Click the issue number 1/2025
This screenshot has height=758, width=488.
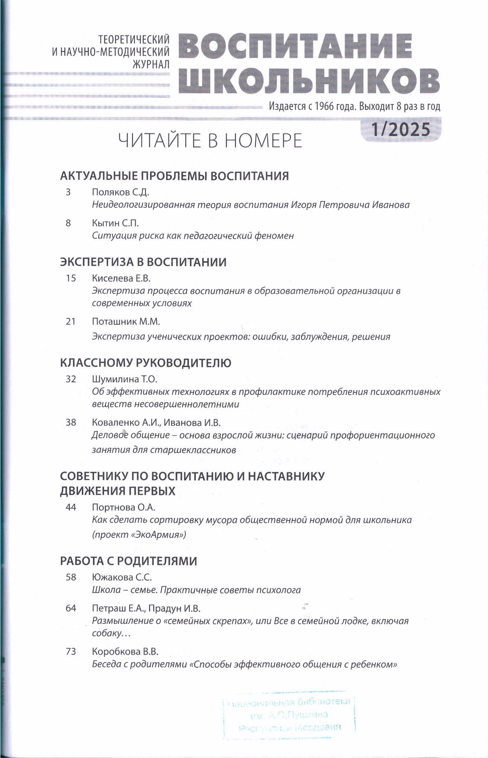[x=401, y=130]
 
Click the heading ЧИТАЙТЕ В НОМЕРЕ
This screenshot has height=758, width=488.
[x=210, y=141]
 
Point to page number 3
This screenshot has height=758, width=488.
[x=68, y=192]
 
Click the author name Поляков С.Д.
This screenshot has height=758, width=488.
[x=120, y=192]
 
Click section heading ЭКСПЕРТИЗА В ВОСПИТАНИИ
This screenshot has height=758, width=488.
[x=143, y=262]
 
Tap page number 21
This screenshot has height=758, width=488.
[x=71, y=321]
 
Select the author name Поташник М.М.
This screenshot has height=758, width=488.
[x=126, y=321]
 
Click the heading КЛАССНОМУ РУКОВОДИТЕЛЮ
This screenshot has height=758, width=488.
[x=146, y=363]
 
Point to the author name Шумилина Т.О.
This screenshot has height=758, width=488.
[x=125, y=379]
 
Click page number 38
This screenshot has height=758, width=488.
[x=71, y=422]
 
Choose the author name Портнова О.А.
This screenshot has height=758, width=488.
[x=123, y=508]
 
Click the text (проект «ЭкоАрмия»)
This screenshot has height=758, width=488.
[x=139, y=535]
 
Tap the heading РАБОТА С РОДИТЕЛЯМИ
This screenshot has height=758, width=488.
[x=129, y=561]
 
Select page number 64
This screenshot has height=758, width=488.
[x=71, y=608]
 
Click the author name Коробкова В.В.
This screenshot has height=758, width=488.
[x=125, y=652]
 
